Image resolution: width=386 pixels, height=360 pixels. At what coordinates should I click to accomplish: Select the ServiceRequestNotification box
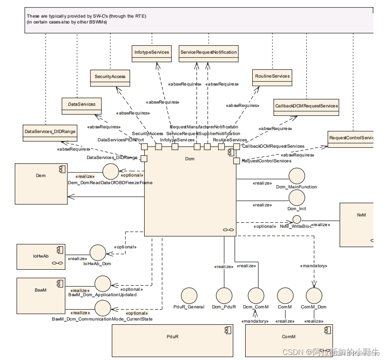point(209,53)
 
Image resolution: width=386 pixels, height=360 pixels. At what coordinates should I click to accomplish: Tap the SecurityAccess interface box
point(110,77)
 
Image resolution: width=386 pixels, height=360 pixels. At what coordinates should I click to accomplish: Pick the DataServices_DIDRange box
point(50,132)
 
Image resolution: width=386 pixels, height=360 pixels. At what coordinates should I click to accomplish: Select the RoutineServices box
point(272,77)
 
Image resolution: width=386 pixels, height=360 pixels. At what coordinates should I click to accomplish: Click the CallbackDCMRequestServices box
point(306,107)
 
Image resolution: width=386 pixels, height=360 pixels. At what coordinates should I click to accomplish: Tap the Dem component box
point(41,184)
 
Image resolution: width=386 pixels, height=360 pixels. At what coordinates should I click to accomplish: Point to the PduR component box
point(172,340)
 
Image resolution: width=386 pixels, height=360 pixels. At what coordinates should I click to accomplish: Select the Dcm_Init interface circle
point(296,198)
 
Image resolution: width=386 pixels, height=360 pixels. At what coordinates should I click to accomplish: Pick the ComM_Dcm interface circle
point(313,296)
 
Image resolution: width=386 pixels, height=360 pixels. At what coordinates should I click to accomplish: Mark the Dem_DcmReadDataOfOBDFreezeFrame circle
point(111,172)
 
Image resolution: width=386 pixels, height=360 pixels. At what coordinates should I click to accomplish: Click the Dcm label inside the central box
point(189,159)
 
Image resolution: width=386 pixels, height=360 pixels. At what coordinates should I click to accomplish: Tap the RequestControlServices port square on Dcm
point(236,161)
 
